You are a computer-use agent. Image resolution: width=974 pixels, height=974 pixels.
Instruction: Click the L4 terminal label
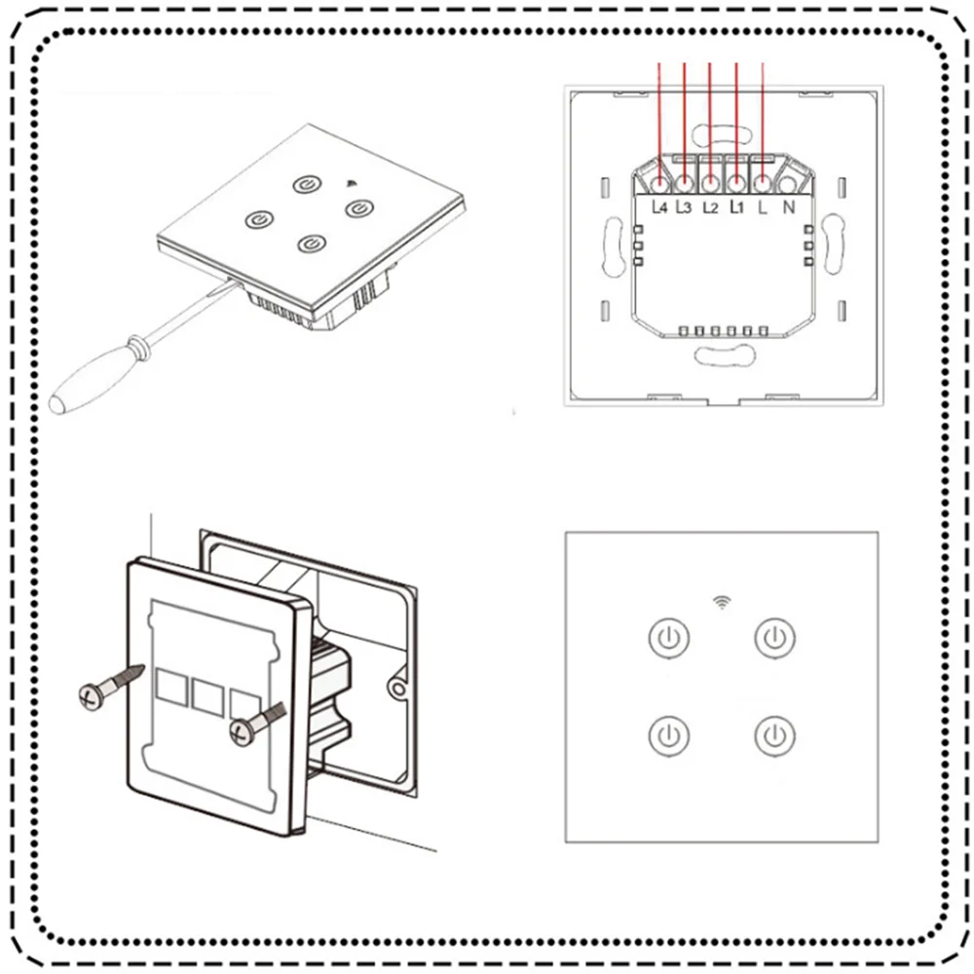(660, 206)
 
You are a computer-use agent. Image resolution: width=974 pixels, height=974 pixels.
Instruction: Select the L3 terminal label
(685, 206)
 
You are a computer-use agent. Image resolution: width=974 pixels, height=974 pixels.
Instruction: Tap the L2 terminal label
(711, 206)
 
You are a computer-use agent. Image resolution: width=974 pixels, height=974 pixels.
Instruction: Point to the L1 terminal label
(737, 206)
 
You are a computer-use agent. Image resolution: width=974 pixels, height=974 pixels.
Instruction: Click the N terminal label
(789, 206)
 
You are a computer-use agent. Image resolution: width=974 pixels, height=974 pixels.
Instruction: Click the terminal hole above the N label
(787, 182)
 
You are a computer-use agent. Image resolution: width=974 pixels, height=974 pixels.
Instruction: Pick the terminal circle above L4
(660, 182)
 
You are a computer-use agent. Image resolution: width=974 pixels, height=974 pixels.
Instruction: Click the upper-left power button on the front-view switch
(668, 639)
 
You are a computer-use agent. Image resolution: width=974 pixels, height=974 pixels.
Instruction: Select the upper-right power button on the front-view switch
(775, 639)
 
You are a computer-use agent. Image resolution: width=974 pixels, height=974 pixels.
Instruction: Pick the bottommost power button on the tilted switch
(312, 242)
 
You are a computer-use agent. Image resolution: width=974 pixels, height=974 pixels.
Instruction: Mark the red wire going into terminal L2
(710, 117)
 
